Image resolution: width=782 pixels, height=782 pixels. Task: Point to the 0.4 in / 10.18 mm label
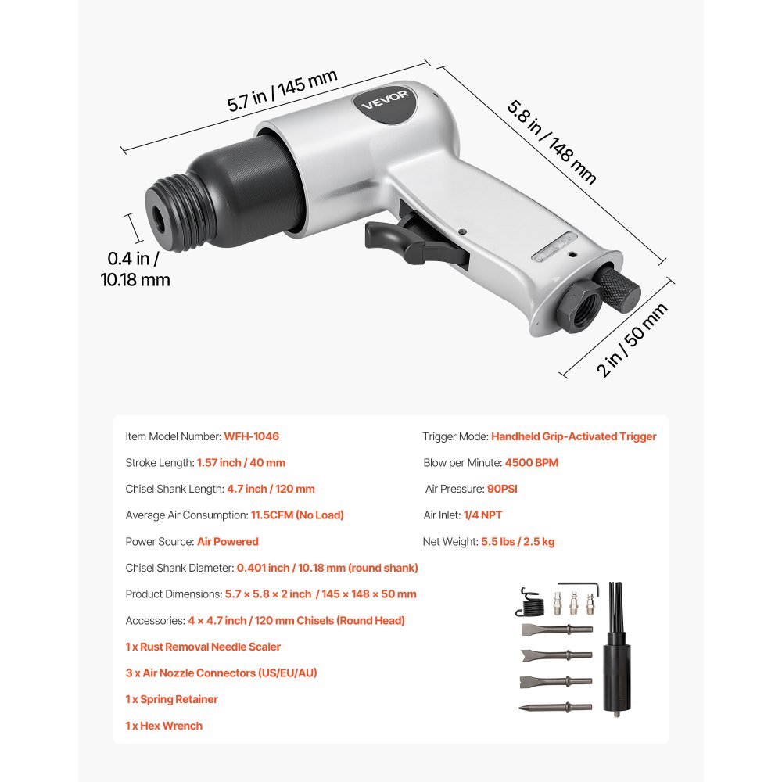pyautogui.click(x=135, y=268)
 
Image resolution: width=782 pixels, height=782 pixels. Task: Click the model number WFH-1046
pyautogui.click(x=251, y=436)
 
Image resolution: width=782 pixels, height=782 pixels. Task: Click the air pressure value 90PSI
pyautogui.click(x=502, y=489)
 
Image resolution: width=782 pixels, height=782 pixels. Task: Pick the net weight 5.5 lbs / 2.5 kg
pyautogui.click(x=518, y=541)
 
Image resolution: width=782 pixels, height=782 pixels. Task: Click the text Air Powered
pyautogui.click(x=228, y=541)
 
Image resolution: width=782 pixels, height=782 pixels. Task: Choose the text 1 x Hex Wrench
pyautogui.click(x=163, y=726)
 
